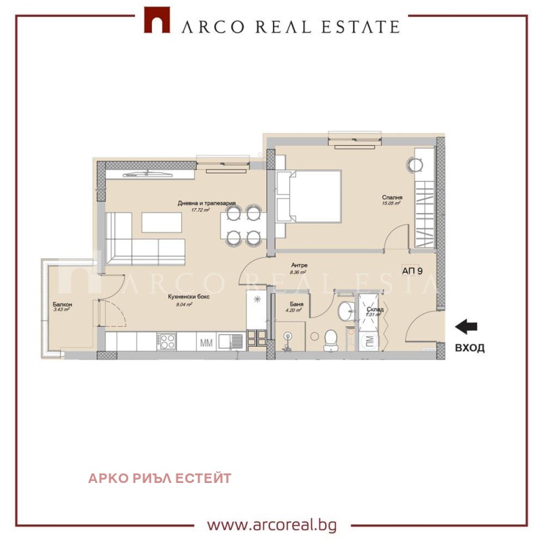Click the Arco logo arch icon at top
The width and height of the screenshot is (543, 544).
[x=157, y=21]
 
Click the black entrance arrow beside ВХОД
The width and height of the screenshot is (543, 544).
[x=466, y=328]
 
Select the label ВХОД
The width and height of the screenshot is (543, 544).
[x=469, y=348]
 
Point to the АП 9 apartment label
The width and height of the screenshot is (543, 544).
[x=413, y=271]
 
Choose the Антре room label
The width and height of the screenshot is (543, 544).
[x=299, y=265]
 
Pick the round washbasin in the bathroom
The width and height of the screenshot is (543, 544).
[x=345, y=311]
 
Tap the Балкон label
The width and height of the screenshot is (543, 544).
[x=62, y=305]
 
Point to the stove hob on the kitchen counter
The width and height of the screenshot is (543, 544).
[x=166, y=341]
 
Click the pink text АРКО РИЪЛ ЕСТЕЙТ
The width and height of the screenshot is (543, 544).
[x=160, y=478]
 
